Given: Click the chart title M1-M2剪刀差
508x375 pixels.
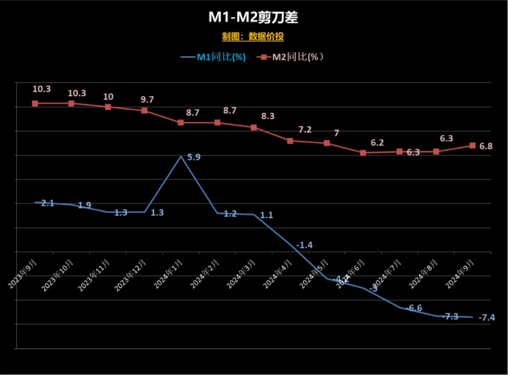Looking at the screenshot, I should (253, 17).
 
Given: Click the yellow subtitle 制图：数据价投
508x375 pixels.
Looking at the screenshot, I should (253, 37).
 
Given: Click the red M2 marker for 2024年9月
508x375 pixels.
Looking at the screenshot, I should (472, 145).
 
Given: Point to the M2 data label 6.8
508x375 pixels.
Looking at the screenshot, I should (485, 146).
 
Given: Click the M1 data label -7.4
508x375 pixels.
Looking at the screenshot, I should (486, 318).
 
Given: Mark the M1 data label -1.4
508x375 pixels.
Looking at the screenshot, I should (305, 245).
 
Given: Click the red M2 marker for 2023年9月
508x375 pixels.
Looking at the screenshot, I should (35, 104).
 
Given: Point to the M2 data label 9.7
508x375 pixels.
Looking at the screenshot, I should (147, 98).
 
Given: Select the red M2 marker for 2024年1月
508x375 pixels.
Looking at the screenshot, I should (181, 122).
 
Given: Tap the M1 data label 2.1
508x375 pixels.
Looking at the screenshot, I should (48, 204).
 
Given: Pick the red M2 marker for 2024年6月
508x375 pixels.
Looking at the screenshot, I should (364, 153).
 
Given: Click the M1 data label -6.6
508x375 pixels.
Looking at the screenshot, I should (414, 308).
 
